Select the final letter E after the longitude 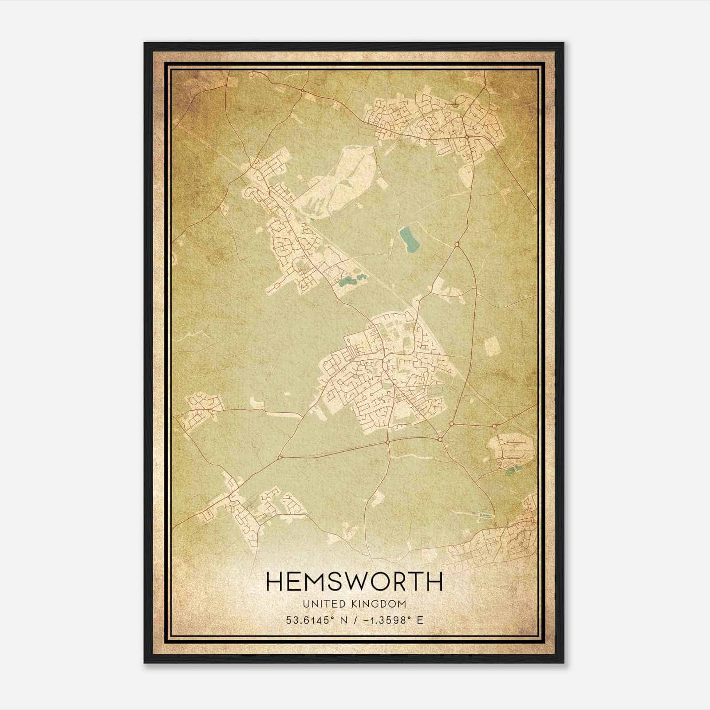click(420, 620)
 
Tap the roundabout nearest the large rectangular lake click(457, 244)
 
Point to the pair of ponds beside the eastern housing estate click(510, 470)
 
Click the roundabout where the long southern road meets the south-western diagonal click(280, 457)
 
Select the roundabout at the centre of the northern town click(467, 138)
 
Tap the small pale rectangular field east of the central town click(491, 346)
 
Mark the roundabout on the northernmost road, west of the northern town click(302, 91)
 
